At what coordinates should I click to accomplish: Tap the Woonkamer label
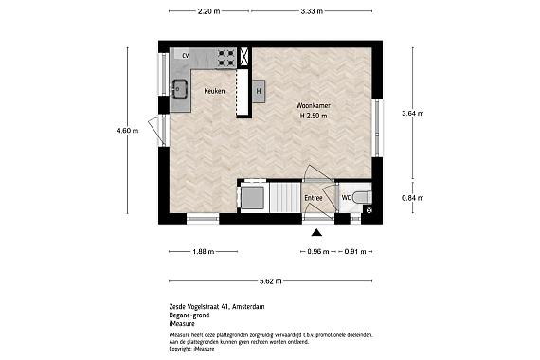click(313, 104)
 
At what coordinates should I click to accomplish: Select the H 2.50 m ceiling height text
click(313, 116)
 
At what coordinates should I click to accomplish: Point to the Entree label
click(314, 197)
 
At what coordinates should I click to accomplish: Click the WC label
click(347, 197)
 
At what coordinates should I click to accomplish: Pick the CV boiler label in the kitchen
click(186, 55)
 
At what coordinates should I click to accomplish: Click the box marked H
click(258, 91)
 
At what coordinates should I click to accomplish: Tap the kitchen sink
click(180, 91)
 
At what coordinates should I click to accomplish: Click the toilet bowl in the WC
click(368, 197)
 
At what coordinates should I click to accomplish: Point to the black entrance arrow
click(317, 232)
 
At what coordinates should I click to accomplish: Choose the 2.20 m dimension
click(208, 11)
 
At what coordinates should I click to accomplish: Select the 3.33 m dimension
click(311, 11)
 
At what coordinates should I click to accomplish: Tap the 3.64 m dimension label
click(413, 113)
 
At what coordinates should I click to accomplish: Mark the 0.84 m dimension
click(413, 197)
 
